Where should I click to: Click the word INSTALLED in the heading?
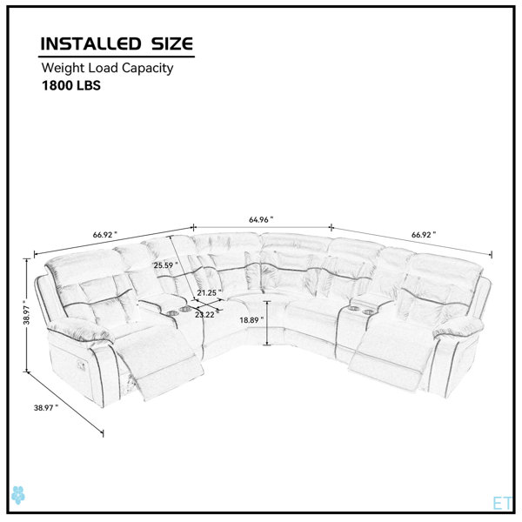click(90, 43)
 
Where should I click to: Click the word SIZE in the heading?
click(172, 43)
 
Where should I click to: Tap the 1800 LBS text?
click(71, 85)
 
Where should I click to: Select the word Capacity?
click(147, 68)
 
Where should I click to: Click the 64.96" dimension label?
click(261, 220)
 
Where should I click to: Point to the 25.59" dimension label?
click(165, 265)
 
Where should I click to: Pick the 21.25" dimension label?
click(209, 293)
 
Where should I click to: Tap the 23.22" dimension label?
click(207, 315)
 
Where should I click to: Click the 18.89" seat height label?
click(251, 320)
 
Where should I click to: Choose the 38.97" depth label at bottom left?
click(46, 407)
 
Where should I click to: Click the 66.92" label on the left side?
click(105, 235)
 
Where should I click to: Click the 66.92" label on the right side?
click(424, 235)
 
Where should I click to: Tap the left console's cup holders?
click(179, 311)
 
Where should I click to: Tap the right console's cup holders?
click(361, 311)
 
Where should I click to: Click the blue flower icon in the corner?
click(18, 495)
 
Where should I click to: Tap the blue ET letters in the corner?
click(502, 503)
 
